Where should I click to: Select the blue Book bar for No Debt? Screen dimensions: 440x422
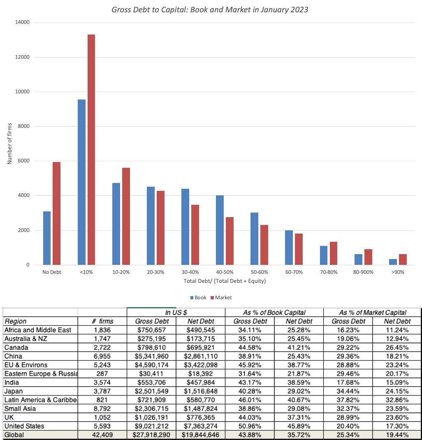(47, 238)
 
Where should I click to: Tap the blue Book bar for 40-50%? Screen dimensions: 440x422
(220, 230)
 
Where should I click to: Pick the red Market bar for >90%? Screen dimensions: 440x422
(403, 259)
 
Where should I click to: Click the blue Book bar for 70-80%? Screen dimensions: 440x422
(324, 255)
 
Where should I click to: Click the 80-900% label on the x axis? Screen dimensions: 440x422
(363, 272)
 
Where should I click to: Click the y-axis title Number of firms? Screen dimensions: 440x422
(10, 144)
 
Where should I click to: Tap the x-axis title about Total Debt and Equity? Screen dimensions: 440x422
(225, 281)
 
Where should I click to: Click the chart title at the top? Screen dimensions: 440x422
(210, 9)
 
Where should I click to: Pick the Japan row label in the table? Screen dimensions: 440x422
(14, 391)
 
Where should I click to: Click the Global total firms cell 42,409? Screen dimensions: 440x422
(102, 434)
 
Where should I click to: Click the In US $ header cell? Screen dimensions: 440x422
(176, 313)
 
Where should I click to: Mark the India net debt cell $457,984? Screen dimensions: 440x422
(200, 382)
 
